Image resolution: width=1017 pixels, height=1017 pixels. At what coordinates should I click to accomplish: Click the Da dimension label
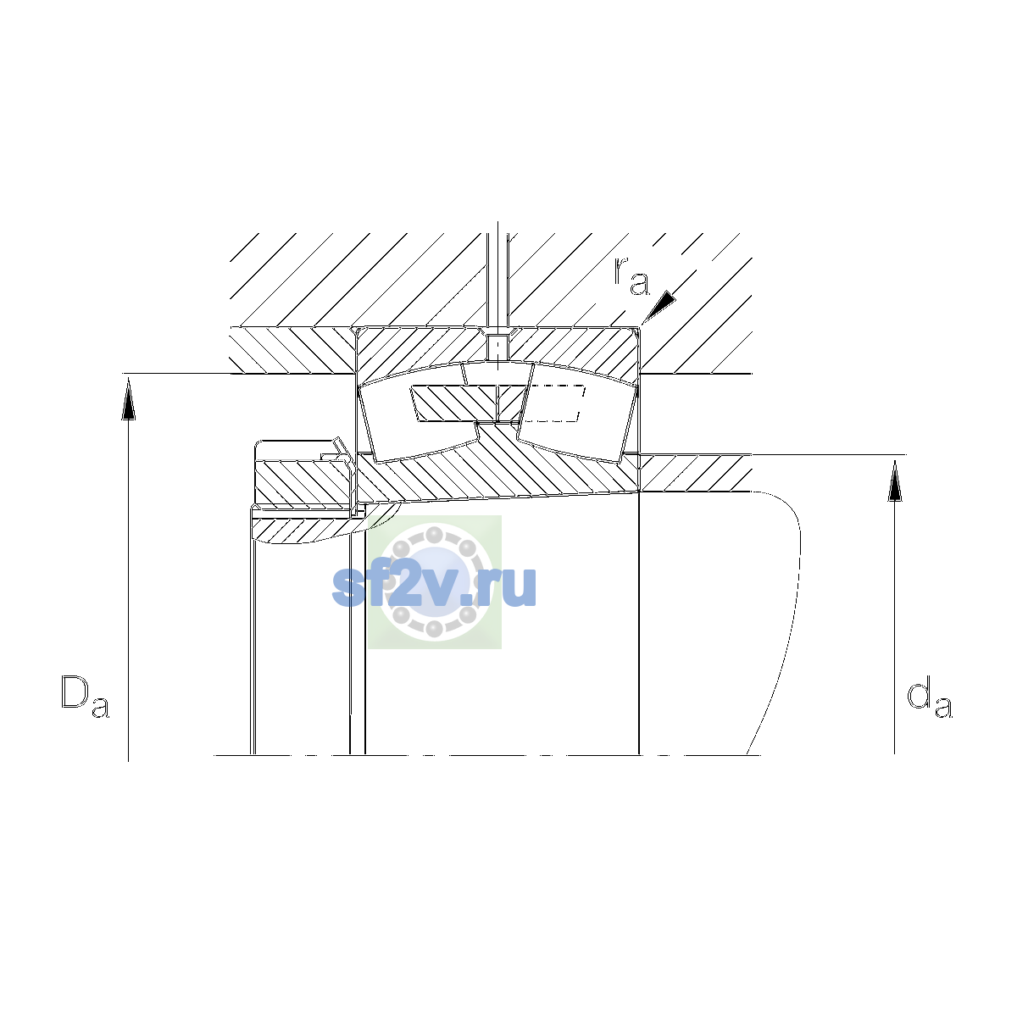click(x=85, y=697)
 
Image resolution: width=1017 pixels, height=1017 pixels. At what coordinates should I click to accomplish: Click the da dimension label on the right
click(x=929, y=697)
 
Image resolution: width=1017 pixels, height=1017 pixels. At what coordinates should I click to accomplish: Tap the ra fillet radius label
click(x=631, y=276)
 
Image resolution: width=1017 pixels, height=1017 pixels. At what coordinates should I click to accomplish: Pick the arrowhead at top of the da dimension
click(x=895, y=481)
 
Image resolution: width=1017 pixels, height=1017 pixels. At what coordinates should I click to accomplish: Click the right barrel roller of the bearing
click(x=577, y=413)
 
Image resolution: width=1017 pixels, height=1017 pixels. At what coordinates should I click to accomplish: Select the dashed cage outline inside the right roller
click(x=554, y=403)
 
